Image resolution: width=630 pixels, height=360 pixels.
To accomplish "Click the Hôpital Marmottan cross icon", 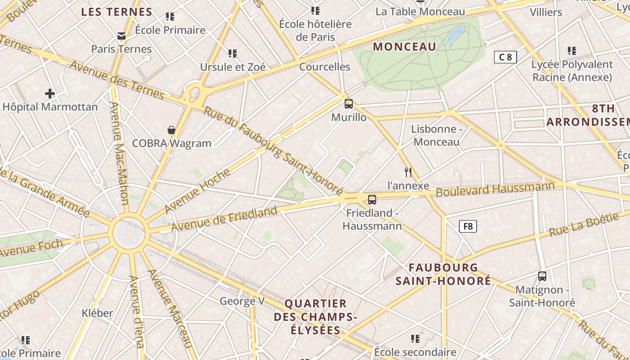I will [50, 94].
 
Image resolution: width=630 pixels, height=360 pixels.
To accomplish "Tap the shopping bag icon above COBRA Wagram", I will [171, 130].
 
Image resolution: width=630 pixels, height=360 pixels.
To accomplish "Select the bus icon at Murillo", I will [348, 104].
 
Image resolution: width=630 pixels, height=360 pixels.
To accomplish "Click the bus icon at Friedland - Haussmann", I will [372, 200].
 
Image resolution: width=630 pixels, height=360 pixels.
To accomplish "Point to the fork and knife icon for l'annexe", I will [408, 172].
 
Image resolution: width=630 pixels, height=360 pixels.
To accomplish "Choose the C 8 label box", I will [505, 57].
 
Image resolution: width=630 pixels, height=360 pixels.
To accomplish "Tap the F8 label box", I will [468, 226].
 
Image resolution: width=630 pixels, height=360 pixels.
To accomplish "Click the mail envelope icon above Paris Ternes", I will [121, 36].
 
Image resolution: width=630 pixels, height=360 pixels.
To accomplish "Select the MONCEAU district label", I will [405, 47].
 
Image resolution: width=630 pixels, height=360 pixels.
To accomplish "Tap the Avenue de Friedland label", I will [224, 219].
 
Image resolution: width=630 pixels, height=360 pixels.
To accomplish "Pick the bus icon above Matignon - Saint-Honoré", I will [542, 276].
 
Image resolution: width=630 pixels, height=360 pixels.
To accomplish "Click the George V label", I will [242, 301].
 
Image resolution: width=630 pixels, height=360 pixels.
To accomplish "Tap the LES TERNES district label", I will [117, 12].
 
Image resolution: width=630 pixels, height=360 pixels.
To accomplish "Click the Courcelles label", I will [324, 67].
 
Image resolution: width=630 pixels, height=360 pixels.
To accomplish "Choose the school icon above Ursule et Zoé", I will [232, 54].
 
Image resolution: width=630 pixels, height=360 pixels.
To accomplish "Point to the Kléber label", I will [97, 313].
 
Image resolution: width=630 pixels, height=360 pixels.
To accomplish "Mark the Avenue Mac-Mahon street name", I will [119, 153].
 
